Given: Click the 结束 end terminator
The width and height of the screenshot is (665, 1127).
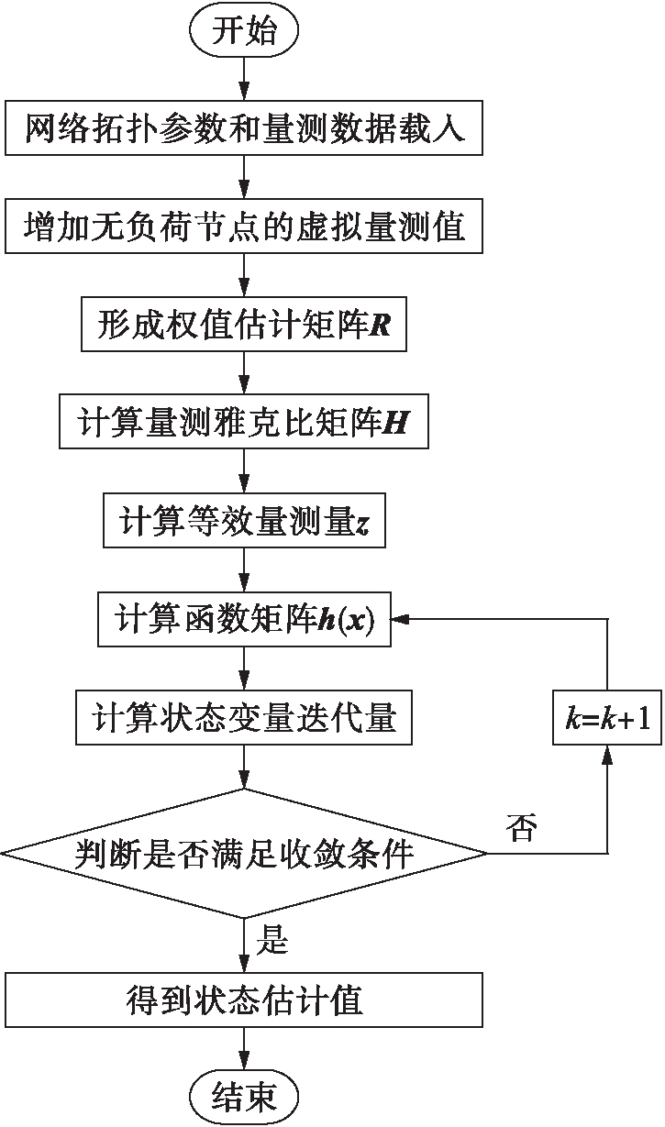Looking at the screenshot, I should (244, 1096).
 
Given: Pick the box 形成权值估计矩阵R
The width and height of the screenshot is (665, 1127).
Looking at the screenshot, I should (244, 326).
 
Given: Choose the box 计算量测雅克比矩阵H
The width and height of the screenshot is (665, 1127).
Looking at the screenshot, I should (244, 423).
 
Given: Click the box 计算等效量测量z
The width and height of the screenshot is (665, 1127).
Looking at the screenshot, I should (244, 521).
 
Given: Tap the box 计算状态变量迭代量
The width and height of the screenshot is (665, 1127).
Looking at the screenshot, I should (244, 716).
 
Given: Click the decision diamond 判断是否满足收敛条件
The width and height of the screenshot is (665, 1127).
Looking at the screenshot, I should (244, 855).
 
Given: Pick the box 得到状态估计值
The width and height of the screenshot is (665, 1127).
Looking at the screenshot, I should (244, 999).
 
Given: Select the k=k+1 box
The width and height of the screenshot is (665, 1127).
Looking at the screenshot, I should (606, 717).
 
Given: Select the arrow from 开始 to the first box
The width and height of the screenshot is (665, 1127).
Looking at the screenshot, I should (244, 78).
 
